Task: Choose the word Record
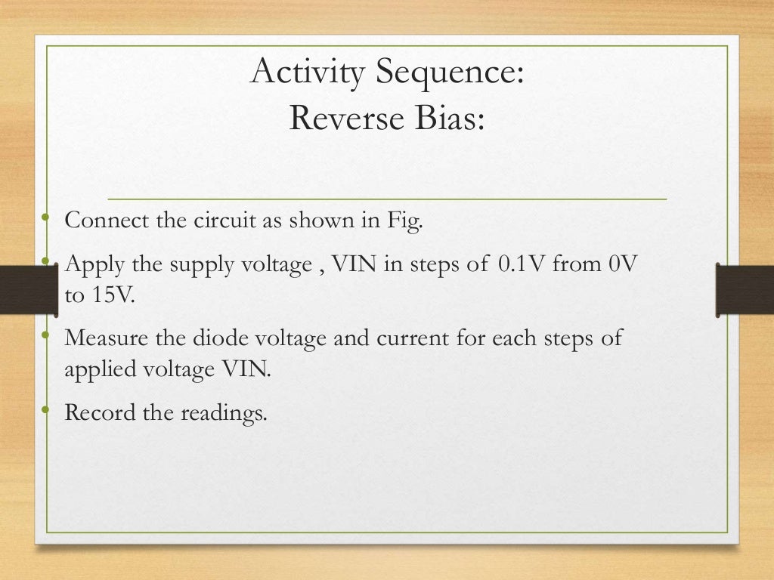coord(94,412)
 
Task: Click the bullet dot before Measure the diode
coord(45,334)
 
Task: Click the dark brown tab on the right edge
coord(745,289)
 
